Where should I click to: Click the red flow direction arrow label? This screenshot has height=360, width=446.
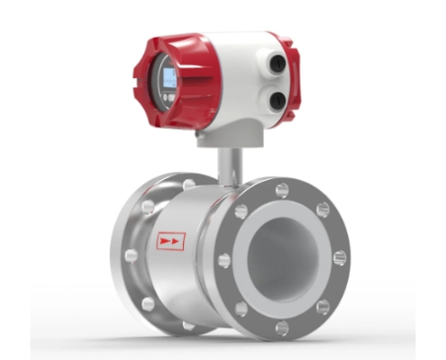170,242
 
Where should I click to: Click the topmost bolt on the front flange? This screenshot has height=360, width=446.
282,189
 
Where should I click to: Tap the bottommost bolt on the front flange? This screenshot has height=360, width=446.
282,327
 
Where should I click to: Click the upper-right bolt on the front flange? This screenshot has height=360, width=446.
322,210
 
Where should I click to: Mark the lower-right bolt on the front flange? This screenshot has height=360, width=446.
322,307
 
